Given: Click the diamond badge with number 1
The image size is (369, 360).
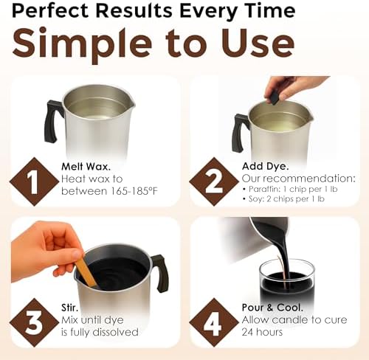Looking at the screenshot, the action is pyautogui.click(x=34, y=181).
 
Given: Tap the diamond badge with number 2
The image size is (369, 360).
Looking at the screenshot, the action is pyautogui.click(x=214, y=181).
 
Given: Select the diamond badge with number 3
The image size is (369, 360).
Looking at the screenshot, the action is pyautogui.click(x=34, y=322).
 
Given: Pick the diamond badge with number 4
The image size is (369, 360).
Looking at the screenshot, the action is pyautogui.click(x=214, y=322).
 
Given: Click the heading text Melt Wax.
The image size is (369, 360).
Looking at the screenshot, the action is pyautogui.click(x=86, y=167).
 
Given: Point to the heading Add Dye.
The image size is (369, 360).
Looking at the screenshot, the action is pyautogui.click(x=265, y=167).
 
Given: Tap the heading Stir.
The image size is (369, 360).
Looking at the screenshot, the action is pyautogui.click(x=69, y=308).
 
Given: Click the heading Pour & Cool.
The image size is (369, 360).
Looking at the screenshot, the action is pyautogui.click(x=272, y=308).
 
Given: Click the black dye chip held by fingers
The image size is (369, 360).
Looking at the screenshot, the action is pyautogui.click(x=274, y=97).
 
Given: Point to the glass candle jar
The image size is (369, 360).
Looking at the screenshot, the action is pyautogui.click(x=287, y=282).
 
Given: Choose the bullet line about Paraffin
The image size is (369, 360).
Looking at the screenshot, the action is pyautogui.click(x=290, y=189).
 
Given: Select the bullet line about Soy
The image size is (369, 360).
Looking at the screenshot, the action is pyautogui.click(x=283, y=198).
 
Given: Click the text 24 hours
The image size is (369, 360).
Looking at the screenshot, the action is pyautogui.click(x=262, y=332).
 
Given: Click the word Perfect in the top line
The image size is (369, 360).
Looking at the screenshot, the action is pyautogui.click(x=50, y=10).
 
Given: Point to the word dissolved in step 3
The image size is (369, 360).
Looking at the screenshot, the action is pyautogui.click(x=116, y=332).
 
